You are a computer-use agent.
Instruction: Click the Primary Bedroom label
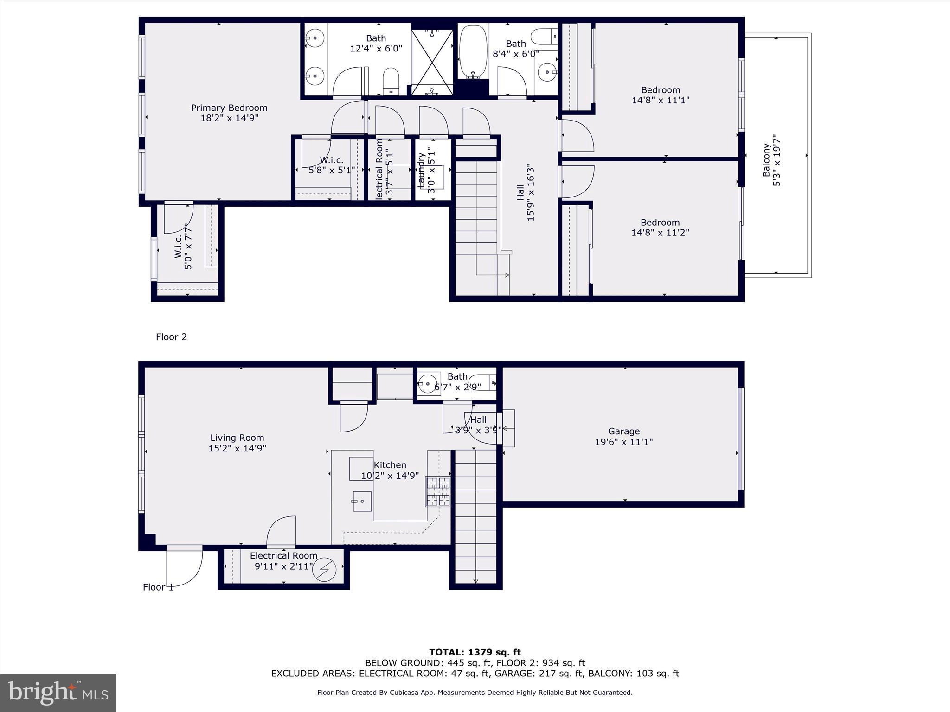229,108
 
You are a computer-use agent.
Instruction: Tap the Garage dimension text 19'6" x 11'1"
624,442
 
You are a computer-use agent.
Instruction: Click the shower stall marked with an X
432,62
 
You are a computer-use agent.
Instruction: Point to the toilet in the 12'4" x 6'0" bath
391,81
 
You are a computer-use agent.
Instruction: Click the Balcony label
766,160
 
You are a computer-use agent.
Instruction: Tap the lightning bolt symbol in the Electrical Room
324,570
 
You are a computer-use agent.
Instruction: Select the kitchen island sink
362,501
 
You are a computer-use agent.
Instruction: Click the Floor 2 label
171,337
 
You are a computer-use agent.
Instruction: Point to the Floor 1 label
158,587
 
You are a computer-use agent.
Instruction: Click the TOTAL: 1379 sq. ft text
475,653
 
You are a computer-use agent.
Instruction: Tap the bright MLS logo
58,693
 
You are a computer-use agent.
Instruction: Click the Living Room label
237,438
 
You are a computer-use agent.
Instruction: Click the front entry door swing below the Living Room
186,568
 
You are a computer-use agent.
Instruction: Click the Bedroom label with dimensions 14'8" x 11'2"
660,222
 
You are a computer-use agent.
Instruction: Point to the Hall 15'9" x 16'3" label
520,192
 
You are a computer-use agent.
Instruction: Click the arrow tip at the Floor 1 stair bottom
475,581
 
